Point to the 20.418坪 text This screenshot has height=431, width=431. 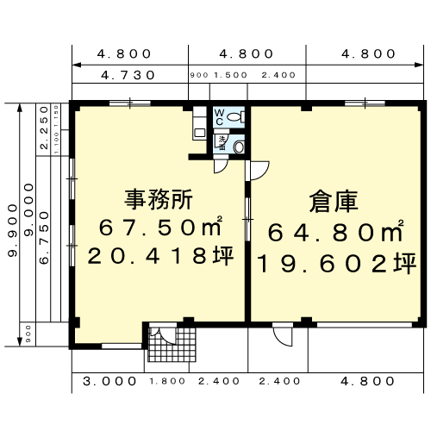(x=160, y=256)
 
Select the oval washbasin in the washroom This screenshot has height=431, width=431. (x=239, y=147)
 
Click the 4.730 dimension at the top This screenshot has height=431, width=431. (x=128, y=75)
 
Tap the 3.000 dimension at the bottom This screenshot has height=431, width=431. (x=109, y=379)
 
